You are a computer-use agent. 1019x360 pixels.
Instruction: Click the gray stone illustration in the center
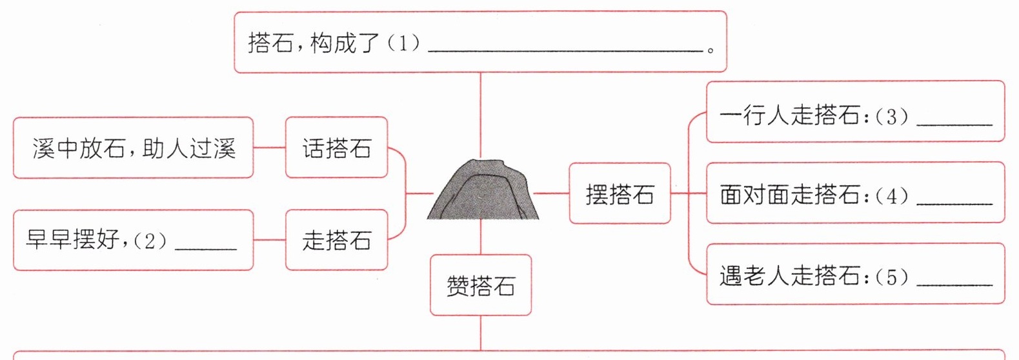point(483,190)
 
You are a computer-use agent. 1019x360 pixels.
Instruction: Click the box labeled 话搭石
point(337,147)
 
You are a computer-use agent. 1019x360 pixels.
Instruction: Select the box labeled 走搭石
point(337,239)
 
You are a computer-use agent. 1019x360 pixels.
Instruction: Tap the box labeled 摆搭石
point(620,193)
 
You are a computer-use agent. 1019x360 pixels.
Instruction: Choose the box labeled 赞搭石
point(481,285)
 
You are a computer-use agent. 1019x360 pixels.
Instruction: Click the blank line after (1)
point(565,51)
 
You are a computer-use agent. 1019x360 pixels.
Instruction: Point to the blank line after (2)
point(206,249)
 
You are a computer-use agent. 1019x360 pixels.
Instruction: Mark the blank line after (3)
point(954,124)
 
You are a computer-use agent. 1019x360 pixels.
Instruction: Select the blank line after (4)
point(954,204)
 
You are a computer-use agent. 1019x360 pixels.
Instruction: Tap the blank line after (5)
point(954,285)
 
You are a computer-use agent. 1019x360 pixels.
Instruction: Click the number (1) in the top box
point(403,43)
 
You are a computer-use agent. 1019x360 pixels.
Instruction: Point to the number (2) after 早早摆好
point(150,241)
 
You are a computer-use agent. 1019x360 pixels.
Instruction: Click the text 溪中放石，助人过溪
point(134,148)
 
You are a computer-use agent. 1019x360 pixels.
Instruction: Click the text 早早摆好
point(73,239)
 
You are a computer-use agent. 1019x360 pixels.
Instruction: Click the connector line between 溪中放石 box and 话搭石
point(269,147)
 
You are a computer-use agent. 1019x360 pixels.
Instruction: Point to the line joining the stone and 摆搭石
point(551,193)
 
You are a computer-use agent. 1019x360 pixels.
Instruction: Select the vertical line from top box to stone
point(481,115)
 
